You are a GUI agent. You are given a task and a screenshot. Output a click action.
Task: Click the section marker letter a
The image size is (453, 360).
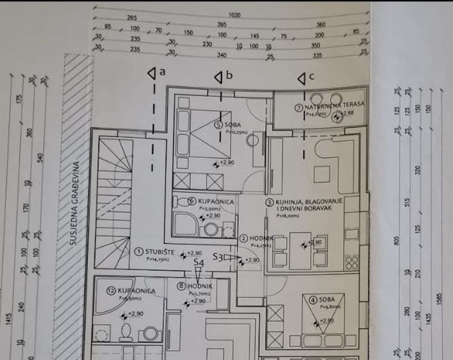163,72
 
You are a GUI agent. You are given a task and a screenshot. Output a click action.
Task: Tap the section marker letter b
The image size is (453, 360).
230,76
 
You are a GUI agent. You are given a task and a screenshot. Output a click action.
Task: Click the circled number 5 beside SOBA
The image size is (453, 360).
218,125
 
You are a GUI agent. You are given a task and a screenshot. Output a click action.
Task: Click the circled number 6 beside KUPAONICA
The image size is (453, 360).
192,201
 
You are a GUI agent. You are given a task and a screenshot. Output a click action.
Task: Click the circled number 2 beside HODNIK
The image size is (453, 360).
244,239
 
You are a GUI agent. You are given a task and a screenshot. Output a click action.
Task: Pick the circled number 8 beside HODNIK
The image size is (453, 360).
182,285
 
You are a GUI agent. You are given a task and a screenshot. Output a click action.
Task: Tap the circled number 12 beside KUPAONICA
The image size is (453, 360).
112,291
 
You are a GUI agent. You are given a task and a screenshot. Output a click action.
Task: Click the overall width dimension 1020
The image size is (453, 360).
235,14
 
